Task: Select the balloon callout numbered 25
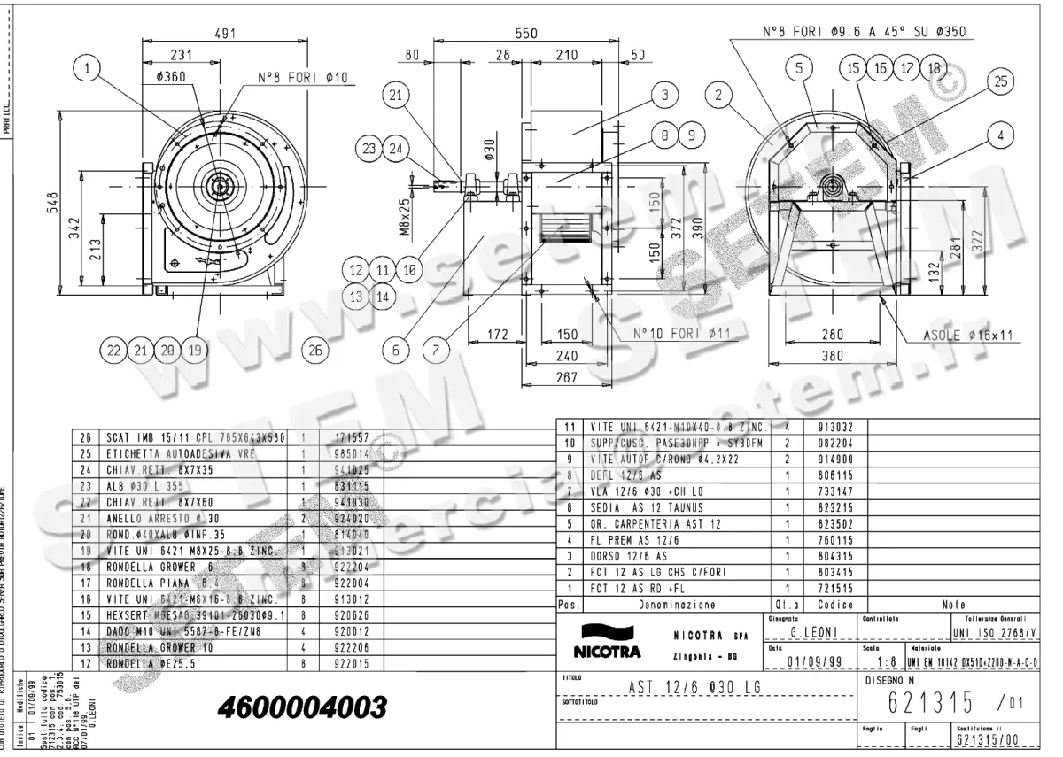(x=1000, y=81)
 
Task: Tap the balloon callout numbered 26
(x=315, y=351)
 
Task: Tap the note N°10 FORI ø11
(x=679, y=334)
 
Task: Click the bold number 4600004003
(x=302, y=707)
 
